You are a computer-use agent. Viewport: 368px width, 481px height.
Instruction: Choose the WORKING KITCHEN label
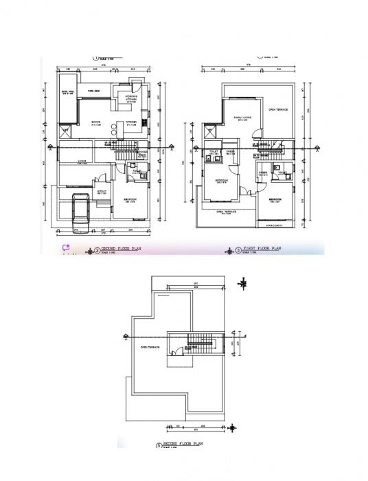point(131,98)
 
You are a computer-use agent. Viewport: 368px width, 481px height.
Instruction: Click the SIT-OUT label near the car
point(101,192)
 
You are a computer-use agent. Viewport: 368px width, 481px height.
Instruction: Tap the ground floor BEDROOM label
point(131,200)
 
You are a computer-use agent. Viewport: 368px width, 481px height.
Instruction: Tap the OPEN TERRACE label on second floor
point(150,347)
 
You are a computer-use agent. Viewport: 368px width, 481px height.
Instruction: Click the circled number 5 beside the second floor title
point(159,445)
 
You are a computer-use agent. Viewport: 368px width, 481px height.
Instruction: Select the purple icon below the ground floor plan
point(67,248)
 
